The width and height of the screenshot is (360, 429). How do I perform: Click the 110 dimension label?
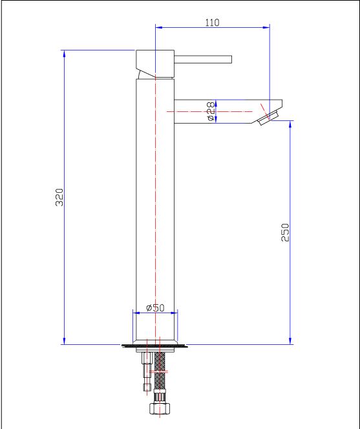212,22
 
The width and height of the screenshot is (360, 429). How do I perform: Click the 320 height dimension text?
59,197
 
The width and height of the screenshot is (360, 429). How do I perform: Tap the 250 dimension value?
285,232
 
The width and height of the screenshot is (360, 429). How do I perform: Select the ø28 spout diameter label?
211,111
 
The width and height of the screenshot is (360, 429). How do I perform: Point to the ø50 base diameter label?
156,308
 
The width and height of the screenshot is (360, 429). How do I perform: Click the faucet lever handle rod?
203,60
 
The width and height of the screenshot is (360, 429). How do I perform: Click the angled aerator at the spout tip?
268,118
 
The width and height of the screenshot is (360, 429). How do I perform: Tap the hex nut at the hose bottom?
160,408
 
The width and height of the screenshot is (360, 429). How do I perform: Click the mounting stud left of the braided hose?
147,371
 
